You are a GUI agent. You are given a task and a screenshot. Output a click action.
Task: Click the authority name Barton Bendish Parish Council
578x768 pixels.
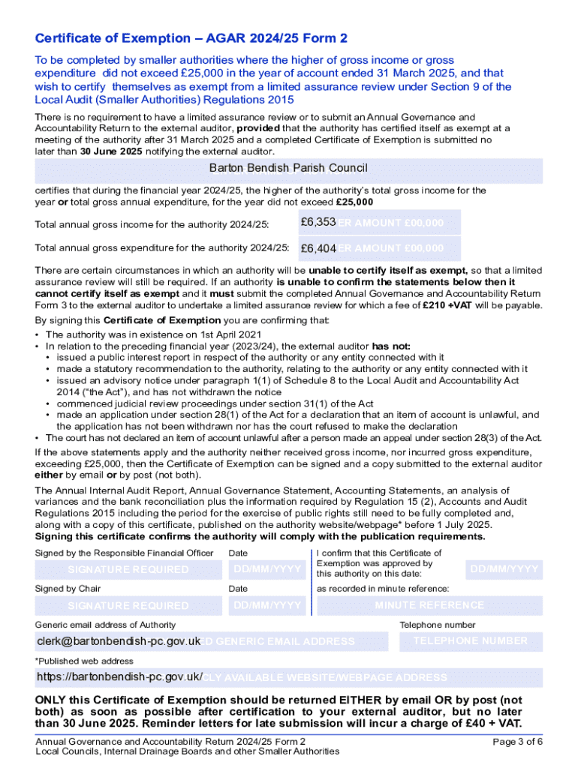coord(288,168)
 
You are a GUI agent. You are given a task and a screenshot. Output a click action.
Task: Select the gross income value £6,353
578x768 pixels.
coord(312,223)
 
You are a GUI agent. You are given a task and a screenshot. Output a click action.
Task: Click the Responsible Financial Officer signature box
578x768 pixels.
coord(128,569)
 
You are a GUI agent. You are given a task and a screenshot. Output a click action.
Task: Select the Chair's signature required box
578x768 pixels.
coord(128,605)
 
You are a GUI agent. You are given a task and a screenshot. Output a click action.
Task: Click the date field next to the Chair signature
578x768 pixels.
coord(267,605)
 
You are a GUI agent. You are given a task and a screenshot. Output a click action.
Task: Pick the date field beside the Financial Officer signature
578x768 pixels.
coord(267,569)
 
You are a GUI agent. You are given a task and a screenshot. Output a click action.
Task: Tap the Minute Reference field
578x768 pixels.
coord(429,605)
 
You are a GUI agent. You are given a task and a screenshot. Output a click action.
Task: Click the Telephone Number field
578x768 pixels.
coord(470,641)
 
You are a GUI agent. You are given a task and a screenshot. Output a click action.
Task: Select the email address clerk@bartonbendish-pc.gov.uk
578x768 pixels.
coord(119,641)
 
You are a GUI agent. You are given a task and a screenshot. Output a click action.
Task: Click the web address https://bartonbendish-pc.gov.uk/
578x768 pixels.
coord(119,677)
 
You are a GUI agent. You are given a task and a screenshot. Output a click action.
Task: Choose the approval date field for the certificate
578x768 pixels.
coord(504,569)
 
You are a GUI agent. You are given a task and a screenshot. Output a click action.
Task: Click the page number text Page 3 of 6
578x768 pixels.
coord(517,742)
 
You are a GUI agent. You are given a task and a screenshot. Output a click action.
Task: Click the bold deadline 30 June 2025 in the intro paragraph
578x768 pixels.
coord(111,151)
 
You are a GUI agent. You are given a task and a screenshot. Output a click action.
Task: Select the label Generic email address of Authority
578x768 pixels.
coord(106,625)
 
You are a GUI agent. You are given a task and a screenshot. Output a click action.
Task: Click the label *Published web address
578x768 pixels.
coord(84,661)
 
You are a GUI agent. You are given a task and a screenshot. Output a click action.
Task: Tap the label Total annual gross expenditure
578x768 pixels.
coord(162,248)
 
